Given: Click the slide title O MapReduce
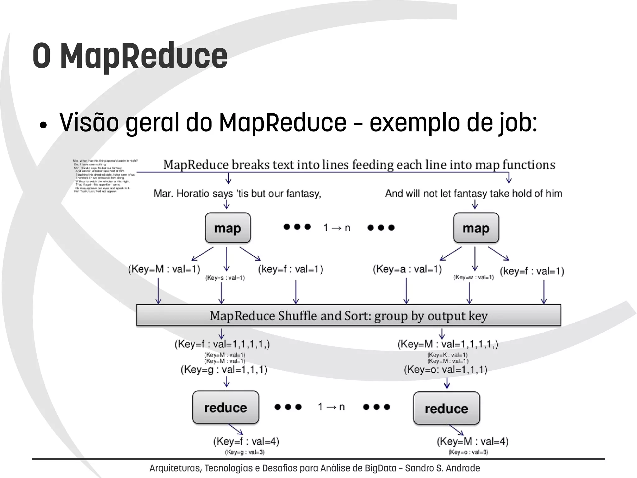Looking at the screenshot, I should tap(130, 56).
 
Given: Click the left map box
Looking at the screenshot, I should tap(228, 228).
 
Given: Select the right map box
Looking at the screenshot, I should tap(476, 228).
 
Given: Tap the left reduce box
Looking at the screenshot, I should tap(226, 407).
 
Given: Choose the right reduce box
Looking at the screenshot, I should tap(446, 408).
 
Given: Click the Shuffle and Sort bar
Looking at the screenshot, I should tap(348, 315).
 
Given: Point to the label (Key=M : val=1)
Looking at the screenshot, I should tap(164, 269).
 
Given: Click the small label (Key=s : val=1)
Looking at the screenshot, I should tap(225, 278).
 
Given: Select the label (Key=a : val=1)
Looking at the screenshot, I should tap(407, 269).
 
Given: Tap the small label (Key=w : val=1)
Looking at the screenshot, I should tap(473, 277).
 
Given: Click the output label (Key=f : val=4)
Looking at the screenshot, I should tap(246, 441).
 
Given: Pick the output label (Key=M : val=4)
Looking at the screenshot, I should tap(472, 441).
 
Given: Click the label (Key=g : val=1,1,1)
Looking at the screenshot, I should tap(224, 370).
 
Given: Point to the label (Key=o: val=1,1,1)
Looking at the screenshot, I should tap(445, 370).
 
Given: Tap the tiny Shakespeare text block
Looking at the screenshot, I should tap(104, 176).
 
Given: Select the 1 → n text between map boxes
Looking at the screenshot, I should tap(337, 228).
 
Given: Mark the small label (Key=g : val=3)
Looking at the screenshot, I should tap(244, 452).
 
